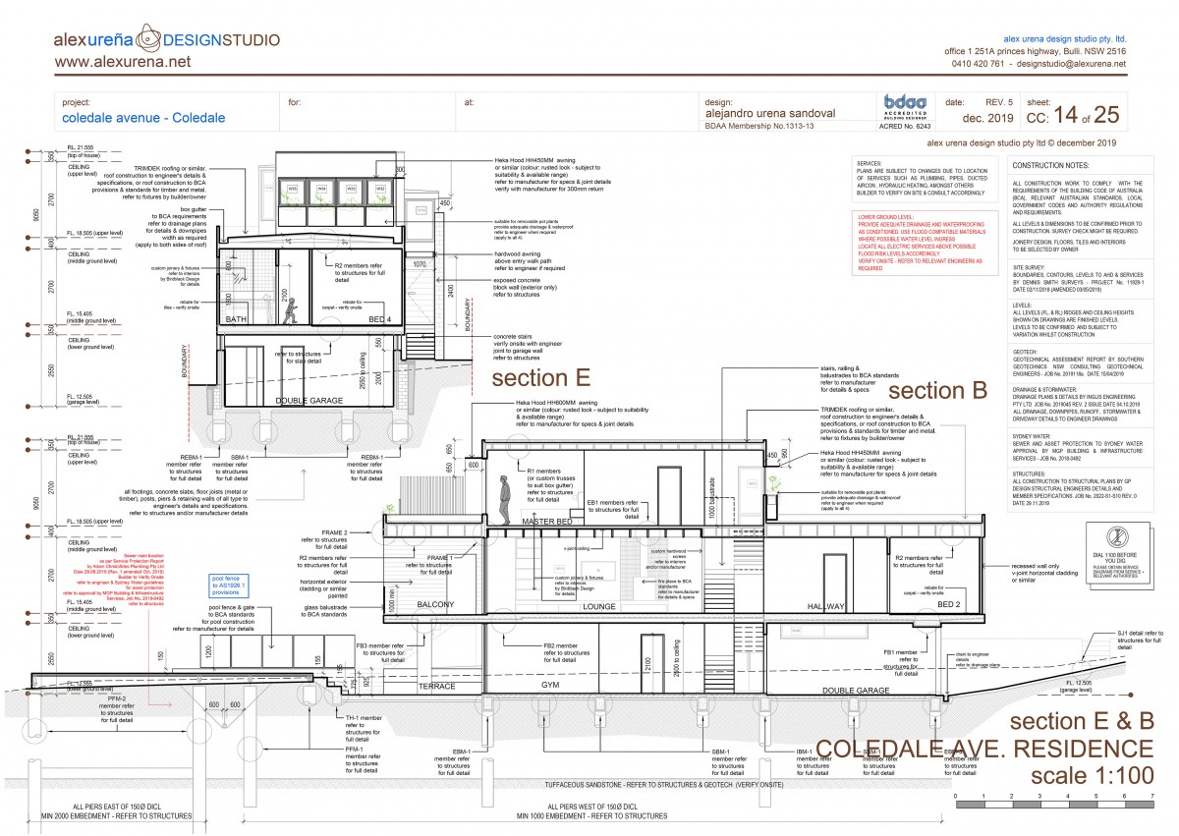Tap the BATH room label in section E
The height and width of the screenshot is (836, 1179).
(x=237, y=321)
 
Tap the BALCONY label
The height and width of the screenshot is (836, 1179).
(x=434, y=605)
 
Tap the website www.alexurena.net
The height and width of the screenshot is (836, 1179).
(x=123, y=62)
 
